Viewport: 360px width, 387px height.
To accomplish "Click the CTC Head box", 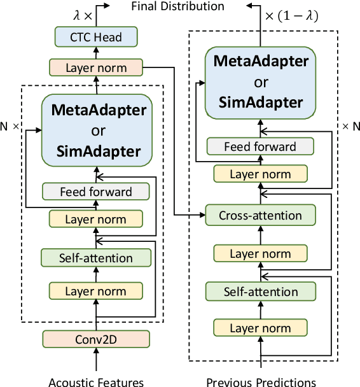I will (95, 38).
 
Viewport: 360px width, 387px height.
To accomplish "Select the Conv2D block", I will (95, 338).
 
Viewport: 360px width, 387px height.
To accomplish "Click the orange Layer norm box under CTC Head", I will (95, 67).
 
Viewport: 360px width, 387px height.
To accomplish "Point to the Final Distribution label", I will (177, 6).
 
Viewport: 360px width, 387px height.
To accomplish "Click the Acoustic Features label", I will (96, 381).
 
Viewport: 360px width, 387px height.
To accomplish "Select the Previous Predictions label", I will (261, 381).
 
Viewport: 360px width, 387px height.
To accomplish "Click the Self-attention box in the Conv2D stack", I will (96, 258).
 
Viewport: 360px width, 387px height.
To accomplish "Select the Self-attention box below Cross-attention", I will (261, 292).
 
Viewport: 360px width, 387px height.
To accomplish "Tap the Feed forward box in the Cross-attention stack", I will (260, 146).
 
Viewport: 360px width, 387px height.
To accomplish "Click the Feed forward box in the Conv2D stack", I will (95, 192).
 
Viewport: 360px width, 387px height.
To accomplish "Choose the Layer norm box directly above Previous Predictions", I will (261, 328).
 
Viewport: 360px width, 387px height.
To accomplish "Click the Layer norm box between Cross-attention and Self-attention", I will (261, 254).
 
